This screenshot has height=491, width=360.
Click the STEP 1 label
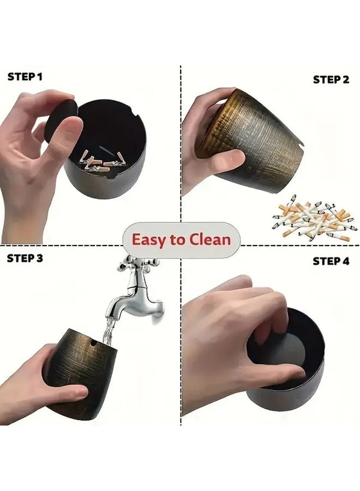click(x=25, y=77)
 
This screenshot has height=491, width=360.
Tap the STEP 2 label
click(x=331, y=80)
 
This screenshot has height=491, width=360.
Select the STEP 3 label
click(x=25, y=259)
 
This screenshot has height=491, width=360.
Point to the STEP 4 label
click(x=331, y=261)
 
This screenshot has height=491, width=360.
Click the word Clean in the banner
click(x=210, y=239)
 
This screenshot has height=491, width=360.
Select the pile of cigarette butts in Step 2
click(x=315, y=218)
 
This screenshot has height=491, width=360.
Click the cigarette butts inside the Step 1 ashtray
click(x=103, y=162)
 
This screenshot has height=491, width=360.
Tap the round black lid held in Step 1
click(x=61, y=121)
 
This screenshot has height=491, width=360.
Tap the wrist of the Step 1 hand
click(x=21, y=226)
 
